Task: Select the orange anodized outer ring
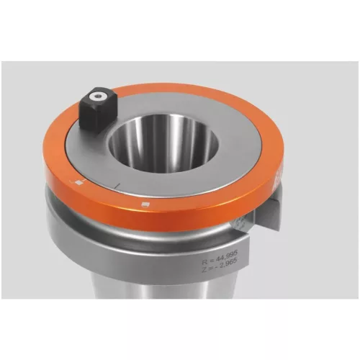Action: pos(216,202)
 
